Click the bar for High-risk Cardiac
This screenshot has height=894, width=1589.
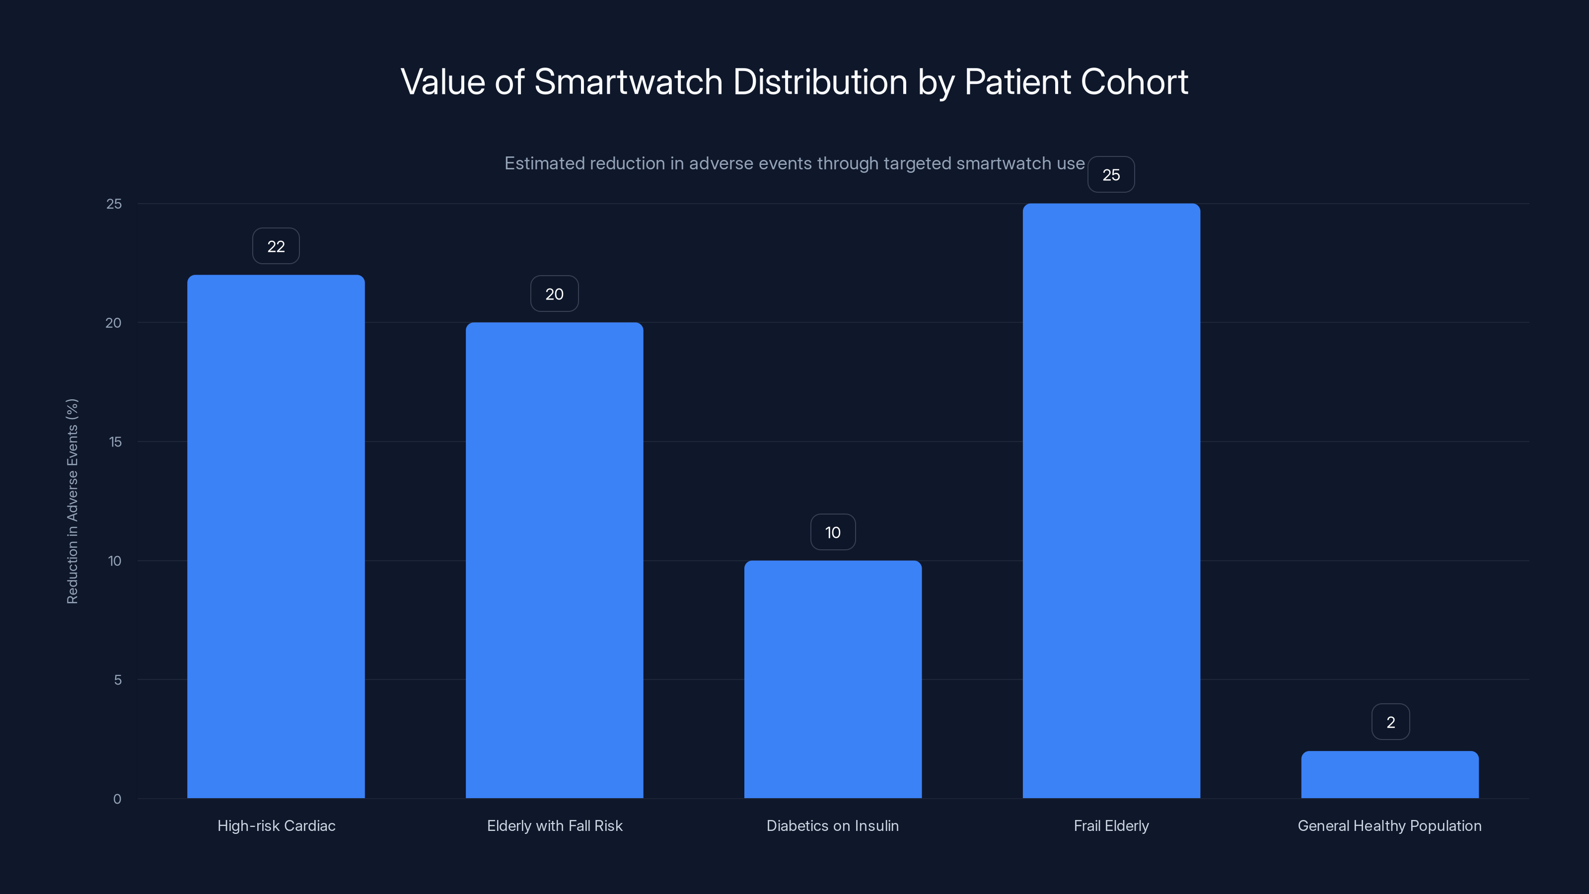pyautogui.click(x=276, y=537)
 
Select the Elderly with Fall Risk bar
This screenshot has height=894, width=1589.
pyautogui.click(x=554, y=560)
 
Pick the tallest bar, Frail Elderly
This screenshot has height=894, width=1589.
pyautogui.click(x=1111, y=501)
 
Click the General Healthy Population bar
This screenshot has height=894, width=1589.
pyautogui.click(x=1390, y=775)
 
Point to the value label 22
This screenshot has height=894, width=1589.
pyautogui.click(x=276, y=246)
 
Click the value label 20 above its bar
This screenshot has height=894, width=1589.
pyautogui.click(x=554, y=294)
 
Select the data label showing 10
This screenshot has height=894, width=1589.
pyautogui.click(x=833, y=532)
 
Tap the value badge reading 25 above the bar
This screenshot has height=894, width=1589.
pyautogui.click(x=1111, y=175)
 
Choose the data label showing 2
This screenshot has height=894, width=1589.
pyautogui.click(x=1390, y=722)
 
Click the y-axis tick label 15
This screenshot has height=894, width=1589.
pyautogui.click(x=115, y=442)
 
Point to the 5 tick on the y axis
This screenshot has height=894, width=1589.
pyautogui.click(x=117, y=680)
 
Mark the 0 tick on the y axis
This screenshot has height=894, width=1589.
pyautogui.click(x=117, y=799)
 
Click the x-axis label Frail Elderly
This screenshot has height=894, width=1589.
pyautogui.click(x=1111, y=825)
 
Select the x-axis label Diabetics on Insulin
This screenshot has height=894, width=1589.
pyautogui.click(x=832, y=825)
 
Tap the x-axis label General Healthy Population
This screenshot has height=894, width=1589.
pyautogui.click(x=1389, y=825)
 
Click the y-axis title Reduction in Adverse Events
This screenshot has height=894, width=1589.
pyautogui.click(x=72, y=501)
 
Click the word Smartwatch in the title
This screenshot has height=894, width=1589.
pyautogui.click(x=628, y=82)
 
